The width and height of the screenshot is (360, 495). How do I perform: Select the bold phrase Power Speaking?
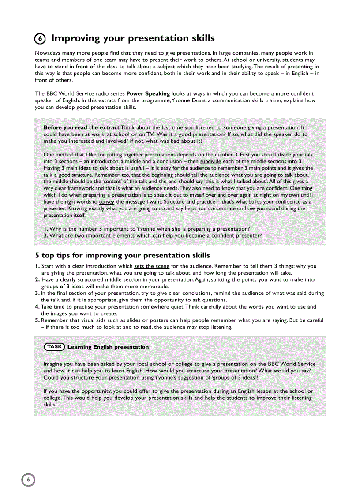point(148,93)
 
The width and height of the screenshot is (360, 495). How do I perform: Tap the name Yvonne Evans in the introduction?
point(188,100)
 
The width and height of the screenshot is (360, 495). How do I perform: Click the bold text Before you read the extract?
point(82,127)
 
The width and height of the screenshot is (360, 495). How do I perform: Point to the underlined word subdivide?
point(210,161)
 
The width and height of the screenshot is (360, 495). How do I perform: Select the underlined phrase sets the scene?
point(152,266)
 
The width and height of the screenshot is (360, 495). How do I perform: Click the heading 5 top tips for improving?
point(122,255)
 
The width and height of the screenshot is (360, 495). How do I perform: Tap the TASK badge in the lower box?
point(54,347)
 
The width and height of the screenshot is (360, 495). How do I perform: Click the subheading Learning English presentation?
point(108,347)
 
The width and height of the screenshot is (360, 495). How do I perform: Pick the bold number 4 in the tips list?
point(37,307)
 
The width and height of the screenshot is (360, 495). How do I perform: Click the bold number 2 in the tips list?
point(37,279)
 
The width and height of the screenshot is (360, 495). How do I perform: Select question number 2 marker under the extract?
point(46,236)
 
